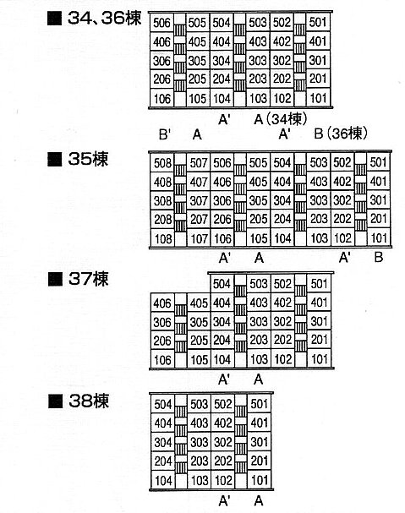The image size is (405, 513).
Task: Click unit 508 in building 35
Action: point(162,163)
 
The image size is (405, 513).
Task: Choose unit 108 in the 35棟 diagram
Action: point(163,239)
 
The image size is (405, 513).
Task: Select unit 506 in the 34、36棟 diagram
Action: point(161,23)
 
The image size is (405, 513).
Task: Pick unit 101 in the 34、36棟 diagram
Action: point(318,98)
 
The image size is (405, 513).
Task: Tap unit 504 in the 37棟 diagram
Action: point(222,284)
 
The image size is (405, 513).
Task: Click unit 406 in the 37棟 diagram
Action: point(162,303)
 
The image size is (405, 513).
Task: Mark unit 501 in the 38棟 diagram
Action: point(260,404)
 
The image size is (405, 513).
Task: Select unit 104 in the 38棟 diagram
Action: point(163,480)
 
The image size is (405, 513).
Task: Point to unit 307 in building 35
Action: point(199,201)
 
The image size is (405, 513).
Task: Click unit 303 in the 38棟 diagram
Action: point(199,442)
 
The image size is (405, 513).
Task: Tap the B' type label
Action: point(165,134)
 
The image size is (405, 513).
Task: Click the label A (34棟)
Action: point(280,119)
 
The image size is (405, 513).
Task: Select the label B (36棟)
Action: point(341,134)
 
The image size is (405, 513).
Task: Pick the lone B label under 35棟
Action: point(379,258)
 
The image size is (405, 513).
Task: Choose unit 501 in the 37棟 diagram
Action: point(319,283)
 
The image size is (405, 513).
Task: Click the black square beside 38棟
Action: point(55,401)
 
